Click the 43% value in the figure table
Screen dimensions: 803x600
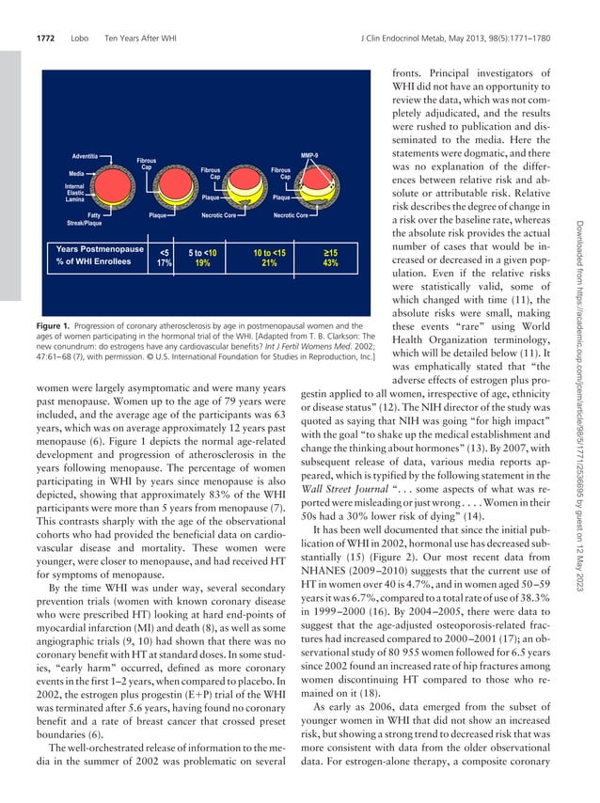331,264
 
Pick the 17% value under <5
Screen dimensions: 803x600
164,264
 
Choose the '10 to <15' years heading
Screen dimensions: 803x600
269,252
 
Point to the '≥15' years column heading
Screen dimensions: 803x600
331,252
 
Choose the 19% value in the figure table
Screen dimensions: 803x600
201,264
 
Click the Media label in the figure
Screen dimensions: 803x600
77,174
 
